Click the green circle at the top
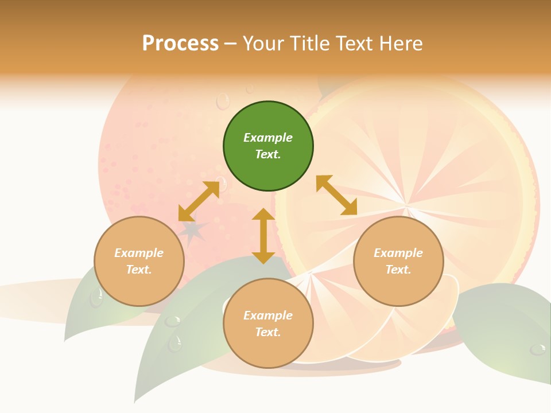(x=268, y=146)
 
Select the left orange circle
(x=139, y=262)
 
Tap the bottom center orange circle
(x=268, y=324)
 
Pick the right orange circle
(x=398, y=262)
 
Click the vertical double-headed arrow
(x=263, y=236)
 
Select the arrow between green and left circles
(x=199, y=201)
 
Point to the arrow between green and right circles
(x=337, y=196)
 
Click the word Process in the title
(x=180, y=43)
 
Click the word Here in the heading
(x=402, y=43)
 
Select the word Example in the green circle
(x=268, y=138)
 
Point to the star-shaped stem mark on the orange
(x=193, y=231)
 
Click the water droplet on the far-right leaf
(x=538, y=349)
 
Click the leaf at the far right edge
(x=511, y=333)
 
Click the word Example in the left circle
(x=139, y=253)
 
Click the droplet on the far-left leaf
(x=96, y=297)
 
